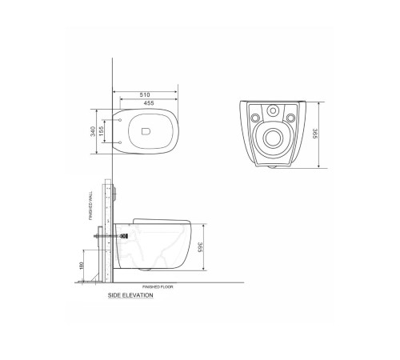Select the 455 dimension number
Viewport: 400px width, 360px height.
147,102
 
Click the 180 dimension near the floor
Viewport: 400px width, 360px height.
82,266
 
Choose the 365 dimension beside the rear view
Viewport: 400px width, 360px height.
318,134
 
